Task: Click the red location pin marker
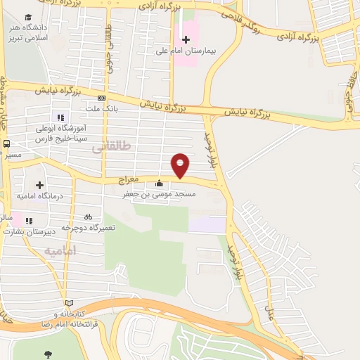[x=181, y=165]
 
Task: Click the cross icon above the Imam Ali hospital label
[x=186, y=39]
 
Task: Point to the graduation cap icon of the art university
[x=28, y=18]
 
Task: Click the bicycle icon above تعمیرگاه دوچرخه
[x=89, y=217]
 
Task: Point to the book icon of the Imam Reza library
[x=68, y=302]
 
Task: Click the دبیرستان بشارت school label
[x=35, y=231]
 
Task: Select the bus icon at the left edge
[x=6, y=143]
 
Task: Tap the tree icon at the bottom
[x=48, y=354]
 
